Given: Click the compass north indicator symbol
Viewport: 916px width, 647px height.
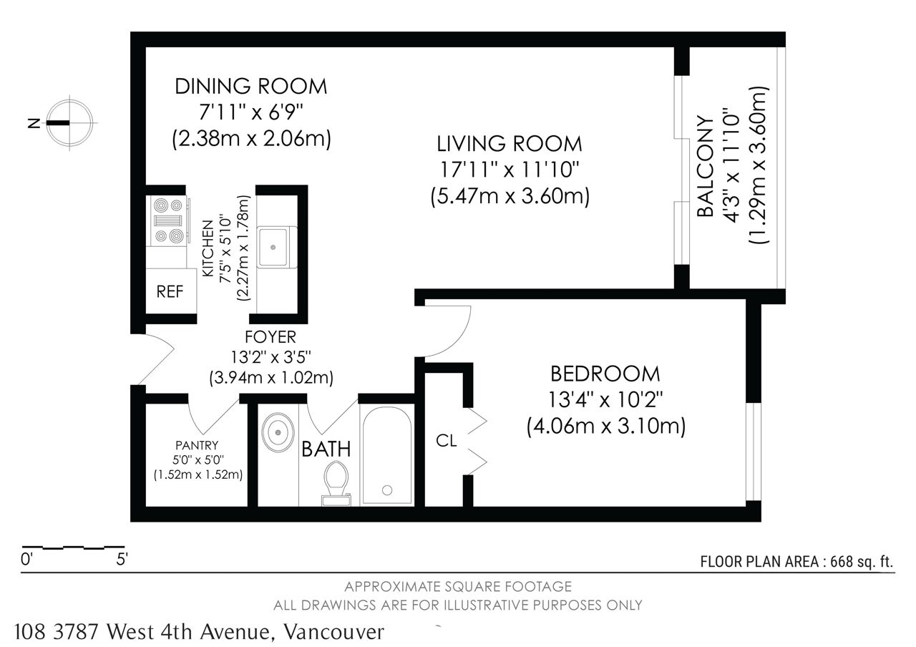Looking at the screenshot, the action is tap(69, 122).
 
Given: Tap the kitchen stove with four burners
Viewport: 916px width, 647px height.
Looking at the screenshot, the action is tap(168, 221).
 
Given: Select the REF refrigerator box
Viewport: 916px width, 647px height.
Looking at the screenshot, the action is tap(171, 291).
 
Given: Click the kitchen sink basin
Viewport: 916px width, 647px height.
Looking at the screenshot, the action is tap(273, 247).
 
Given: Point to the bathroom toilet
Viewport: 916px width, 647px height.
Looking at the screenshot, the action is tap(336, 483).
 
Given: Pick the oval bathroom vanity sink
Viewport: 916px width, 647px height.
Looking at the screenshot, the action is tap(278, 432).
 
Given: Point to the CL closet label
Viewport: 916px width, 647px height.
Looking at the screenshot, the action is tap(446, 440).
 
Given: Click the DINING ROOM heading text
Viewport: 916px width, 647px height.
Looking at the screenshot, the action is tap(250, 87).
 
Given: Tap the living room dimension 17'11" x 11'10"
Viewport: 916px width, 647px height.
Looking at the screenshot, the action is tap(509, 170).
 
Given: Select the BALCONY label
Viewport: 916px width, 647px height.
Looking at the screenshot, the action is tap(705, 166).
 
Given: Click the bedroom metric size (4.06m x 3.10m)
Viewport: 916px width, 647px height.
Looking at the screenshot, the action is tap(605, 427).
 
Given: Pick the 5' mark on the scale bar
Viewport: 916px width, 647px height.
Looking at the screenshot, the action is tap(122, 559).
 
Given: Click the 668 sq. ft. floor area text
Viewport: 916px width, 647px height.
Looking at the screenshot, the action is tap(861, 562).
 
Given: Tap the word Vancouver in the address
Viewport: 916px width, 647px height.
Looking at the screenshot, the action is tap(334, 631).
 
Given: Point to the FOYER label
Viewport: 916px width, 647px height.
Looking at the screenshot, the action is tap(270, 337).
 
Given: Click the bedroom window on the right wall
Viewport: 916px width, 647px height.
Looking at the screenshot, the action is tap(754, 452).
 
